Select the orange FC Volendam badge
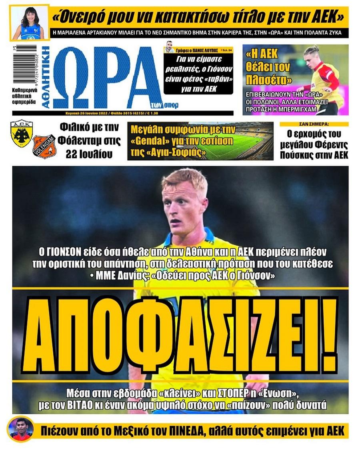tap(44, 146)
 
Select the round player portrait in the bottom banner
tap(20, 430)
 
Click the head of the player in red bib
tap(311, 56)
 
